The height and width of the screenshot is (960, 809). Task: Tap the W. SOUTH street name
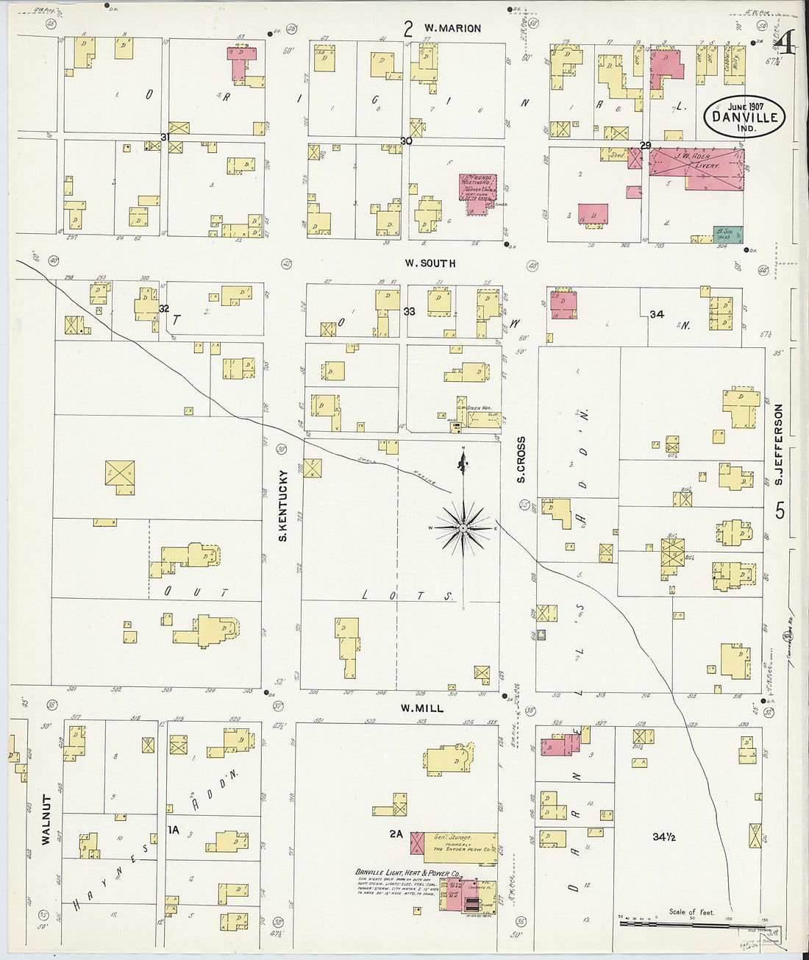coord(430,263)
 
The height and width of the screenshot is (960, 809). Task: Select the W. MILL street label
coord(422,708)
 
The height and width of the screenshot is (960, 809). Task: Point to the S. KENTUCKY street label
coord(282,507)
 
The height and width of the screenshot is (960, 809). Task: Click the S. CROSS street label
coord(521,460)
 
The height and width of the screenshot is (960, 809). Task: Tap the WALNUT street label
coord(46,819)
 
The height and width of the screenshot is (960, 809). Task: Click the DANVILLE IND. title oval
coord(745,116)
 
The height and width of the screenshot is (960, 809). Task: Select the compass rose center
coord(463,527)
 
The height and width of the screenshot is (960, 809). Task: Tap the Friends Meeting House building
coord(478,193)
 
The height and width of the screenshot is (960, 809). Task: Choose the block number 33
coord(409,312)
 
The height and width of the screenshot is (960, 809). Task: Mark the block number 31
coord(165,137)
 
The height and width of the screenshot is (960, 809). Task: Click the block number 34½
coord(663,836)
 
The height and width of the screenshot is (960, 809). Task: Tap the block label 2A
coord(396,833)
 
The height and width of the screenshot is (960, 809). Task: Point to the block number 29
coord(645,145)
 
